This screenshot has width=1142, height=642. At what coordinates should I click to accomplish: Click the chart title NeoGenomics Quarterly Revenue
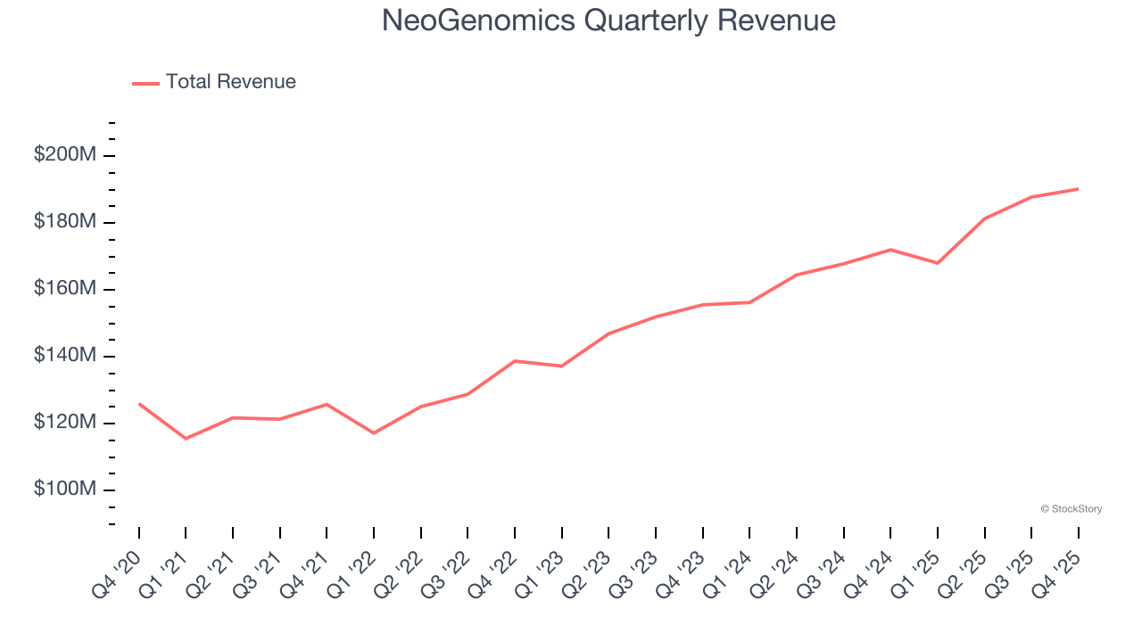(x=608, y=21)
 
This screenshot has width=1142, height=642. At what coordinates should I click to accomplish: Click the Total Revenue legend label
(x=230, y=82)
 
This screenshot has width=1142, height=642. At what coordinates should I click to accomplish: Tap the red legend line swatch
(x=145, y=83)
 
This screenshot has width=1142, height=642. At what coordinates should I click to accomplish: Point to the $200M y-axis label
(x=64, y=154)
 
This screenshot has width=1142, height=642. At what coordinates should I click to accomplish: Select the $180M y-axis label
(x=64, y=221)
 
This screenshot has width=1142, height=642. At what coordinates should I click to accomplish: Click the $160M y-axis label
(x=64, y=289)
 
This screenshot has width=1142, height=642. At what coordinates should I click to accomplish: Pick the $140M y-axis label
(x=64, y=356)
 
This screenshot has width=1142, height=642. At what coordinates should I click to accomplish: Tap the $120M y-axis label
(x=64, y=423)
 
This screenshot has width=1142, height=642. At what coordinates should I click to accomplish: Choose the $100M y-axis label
(x=64, y=490)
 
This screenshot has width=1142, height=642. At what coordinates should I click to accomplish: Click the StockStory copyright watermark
(x=1071, y=509)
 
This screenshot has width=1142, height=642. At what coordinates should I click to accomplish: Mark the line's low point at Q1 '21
(x=186, y=439)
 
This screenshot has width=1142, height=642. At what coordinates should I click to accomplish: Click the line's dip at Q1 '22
(x=374, y=433)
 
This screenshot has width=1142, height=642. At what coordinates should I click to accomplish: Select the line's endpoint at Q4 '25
(x=1079, y=189)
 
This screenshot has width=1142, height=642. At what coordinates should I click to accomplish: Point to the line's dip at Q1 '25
(x=938, y=263)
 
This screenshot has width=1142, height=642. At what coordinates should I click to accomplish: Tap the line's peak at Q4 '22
(x=515, y=361)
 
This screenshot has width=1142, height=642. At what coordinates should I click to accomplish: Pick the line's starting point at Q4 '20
(x=139, y=404)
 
